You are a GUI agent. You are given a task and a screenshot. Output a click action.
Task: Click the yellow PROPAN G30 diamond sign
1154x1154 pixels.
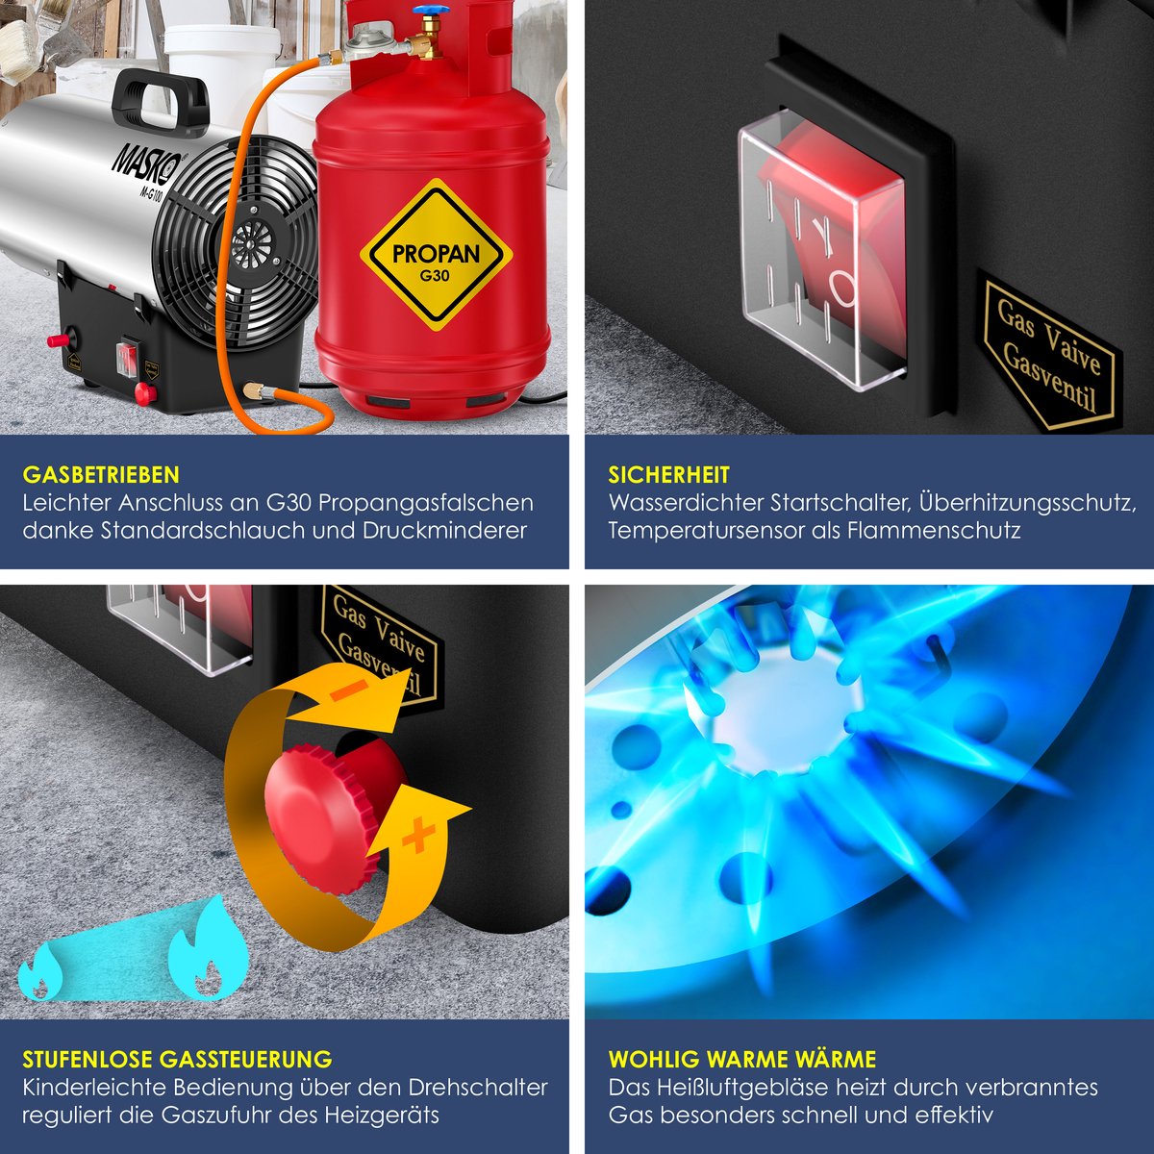pyautogui.click(x=436, y=255)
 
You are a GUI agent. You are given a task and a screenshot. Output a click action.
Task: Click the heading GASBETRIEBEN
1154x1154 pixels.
pyautogui.click(x=101, y=475)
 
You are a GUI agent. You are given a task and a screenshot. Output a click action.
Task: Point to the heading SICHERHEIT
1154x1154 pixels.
pyautogui.click(x=669, y=475)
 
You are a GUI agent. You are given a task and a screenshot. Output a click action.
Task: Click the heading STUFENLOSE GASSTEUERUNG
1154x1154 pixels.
pyautogui.click(x=177, y=1060)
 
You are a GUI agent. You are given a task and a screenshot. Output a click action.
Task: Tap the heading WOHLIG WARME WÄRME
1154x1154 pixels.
pyautogui.click(x=742, y=1060)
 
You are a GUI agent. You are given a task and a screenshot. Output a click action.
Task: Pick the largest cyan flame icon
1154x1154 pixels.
pyautogui.click(x=208, y=948)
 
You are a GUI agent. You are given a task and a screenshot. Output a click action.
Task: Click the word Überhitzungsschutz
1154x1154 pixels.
pyautogui.click(x=1028, y=503)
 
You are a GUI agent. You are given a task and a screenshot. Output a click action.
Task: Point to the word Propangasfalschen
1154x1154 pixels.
pyautogui.click(x=426, y=503)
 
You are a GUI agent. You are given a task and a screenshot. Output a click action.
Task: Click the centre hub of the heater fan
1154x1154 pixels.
pyautogui.click(x=252, y=243)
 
